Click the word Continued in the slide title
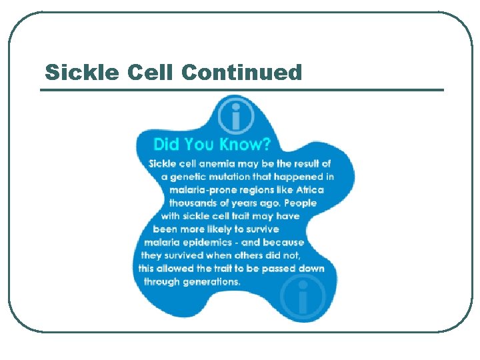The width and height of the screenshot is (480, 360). coord(241,72)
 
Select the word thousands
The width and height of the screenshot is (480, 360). coord(195,203)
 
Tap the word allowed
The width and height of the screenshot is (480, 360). coord(176,269)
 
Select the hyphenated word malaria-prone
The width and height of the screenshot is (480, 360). coord(203,190)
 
